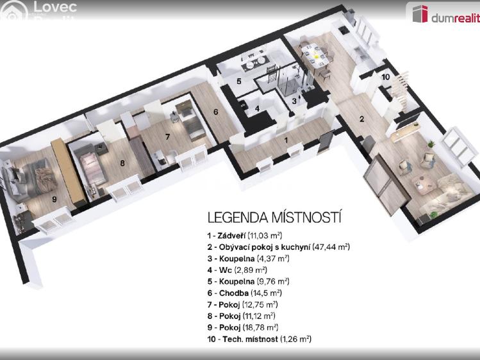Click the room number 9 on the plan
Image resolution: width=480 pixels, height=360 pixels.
coord(54,199)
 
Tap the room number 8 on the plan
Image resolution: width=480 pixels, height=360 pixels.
coord(122,163)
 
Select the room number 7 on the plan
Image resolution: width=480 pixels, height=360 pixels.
coord(167,136)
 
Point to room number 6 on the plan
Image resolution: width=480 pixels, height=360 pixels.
coord(216,112)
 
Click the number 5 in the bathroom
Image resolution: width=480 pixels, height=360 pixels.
coord(238,81)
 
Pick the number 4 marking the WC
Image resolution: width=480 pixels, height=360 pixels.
coord(257,108)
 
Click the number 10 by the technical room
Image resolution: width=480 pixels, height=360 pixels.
coord(385,77)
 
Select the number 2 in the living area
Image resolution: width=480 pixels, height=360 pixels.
coord(361,119)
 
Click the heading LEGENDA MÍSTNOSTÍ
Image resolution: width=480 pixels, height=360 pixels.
coord(274,218)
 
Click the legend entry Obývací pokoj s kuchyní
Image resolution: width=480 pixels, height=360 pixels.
coord(278,247)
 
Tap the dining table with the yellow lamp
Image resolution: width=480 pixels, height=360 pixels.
coord(315,56)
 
